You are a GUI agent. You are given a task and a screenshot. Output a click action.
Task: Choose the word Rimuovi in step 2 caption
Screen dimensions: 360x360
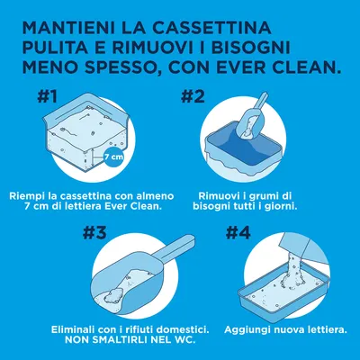point(220,195)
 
